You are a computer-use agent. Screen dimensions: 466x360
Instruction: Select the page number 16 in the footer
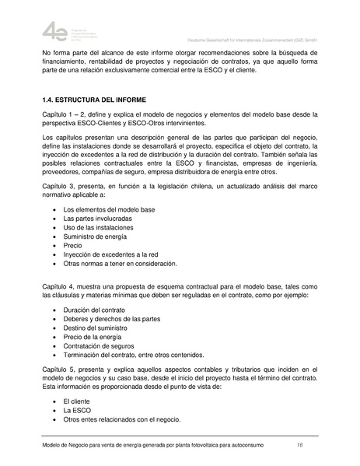[299, 444]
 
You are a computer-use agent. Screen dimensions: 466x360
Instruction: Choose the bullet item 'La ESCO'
[77, 409]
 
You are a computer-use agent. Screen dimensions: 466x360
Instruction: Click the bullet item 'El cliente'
[79, 398]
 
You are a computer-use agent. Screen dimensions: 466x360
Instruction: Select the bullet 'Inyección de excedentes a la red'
[110, 254]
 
